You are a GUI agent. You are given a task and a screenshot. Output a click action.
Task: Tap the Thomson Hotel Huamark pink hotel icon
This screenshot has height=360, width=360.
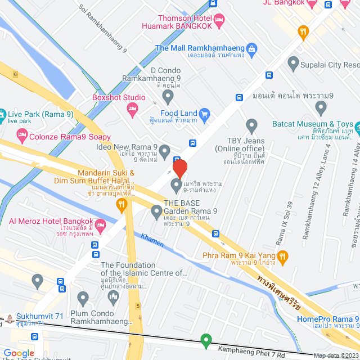(x=219, y=20)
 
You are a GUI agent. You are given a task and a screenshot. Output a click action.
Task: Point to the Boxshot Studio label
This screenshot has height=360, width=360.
(x=119, y=97)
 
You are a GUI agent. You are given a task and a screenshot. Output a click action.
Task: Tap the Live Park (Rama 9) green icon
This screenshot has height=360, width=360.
(x=2, y=114)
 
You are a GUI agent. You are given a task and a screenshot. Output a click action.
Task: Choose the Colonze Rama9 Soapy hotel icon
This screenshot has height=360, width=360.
(x=22, y=135)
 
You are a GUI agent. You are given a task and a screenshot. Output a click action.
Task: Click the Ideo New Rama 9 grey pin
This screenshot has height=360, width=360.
(x=164, y=150)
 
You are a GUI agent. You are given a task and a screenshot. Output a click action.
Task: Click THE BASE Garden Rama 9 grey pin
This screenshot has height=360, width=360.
(x=157, y=212)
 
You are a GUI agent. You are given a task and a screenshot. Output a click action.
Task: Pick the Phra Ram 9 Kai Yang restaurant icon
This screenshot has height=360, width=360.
(x=283, y=257)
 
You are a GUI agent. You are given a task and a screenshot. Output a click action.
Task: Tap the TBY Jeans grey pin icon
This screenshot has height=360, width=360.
(x=251, y=125)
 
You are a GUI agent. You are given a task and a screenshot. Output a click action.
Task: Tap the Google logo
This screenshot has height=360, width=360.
(x=19, y=353)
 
